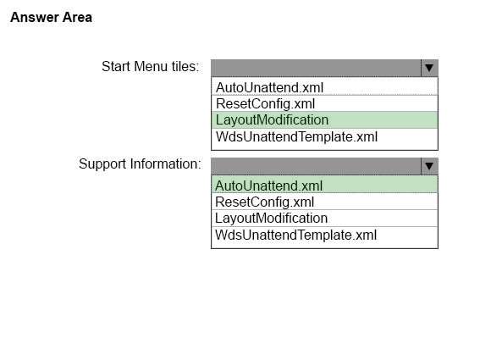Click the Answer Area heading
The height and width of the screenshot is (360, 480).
click(51, 17)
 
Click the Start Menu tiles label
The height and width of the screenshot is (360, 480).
click(151, 66)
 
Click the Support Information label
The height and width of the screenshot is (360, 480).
click(141, 164)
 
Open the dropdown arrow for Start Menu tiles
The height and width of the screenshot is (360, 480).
click(429, 68)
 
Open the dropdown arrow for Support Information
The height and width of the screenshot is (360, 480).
click(429, 166)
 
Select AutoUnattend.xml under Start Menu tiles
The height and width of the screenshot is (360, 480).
click(269, 87)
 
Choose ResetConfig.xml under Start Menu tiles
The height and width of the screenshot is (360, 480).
click(265, 104)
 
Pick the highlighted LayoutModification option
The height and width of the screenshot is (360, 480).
click(272, 120)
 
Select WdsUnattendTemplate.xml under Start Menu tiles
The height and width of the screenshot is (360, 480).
click(296, 136)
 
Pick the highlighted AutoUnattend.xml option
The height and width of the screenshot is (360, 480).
click(268, 186)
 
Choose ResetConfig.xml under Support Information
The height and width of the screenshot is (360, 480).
click(264, 202)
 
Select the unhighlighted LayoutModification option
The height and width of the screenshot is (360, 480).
click(271, 219)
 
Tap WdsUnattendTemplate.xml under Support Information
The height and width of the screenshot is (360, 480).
click(295, 235)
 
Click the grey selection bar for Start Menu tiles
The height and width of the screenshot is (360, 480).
click(316, 68)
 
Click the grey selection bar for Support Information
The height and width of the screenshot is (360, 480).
click(316, 166)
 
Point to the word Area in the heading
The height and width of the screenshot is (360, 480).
click(77, 17)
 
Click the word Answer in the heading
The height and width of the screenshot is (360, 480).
click(35, 17)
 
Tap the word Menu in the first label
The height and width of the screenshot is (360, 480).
click(151, 66)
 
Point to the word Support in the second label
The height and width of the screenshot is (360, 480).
click(102, 164)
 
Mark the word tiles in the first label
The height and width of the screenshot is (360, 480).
click(185, 66)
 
